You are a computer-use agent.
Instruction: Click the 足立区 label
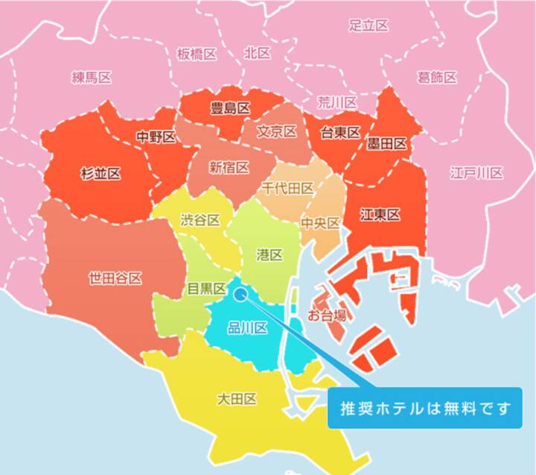[x=368, y=25]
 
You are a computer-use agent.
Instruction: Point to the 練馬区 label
[x=92, y=78]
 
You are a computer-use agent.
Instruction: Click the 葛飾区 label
[x=437, y=77]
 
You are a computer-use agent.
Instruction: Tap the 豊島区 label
[x=230, y=108]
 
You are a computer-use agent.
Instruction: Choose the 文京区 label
[x=277, y=132]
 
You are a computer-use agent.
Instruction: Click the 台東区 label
[x=340, y=133]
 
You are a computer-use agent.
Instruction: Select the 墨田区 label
[x=387, y=144]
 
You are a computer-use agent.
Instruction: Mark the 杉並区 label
[x=100, y=174]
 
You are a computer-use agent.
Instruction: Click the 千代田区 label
[x=287, y=188]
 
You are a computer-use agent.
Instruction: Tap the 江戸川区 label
[x=476, y=173]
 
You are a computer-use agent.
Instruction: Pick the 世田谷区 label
[x=115, y=278]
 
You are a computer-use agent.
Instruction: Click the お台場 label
[x=326, y=315]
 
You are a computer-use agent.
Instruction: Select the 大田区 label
[x=237, y=399]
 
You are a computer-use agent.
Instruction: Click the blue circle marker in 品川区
[x=240, y=294]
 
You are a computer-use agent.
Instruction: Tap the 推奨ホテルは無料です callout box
[x=427, y=408]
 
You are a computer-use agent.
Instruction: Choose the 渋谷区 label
[x=201, y=220]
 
